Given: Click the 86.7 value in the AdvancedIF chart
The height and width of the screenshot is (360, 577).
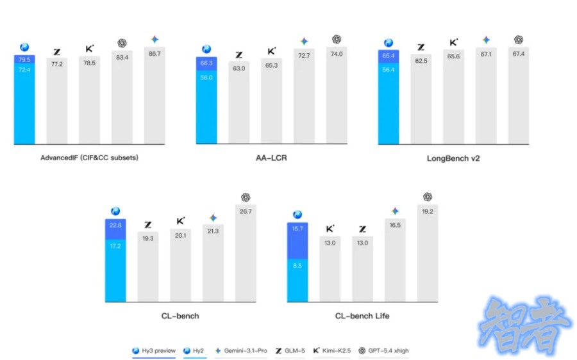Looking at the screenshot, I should tap(154, 54).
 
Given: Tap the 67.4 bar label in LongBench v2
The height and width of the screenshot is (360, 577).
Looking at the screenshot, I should tap(518, 54).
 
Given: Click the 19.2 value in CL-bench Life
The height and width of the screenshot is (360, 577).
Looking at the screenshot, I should tap(428, 211).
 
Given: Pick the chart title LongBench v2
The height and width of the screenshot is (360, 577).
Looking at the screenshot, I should tap(453, 158).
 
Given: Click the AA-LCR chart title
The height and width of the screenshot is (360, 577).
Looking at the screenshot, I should tap(271, 158).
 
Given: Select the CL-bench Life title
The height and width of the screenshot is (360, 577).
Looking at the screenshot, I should tap(362, 316).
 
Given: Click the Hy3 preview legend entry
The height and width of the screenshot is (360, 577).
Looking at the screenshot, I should tap(154, 350).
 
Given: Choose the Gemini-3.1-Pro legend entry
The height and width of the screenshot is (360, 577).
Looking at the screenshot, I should tap(240, 350).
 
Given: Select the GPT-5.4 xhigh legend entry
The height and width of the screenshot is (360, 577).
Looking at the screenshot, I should tap(385, 350).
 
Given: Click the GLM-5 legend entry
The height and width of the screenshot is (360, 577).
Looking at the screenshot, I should tap(288, 350).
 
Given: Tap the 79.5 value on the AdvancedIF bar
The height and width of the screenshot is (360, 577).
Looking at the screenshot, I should tap(24, 60).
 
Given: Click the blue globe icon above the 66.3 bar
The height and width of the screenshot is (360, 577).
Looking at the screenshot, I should tap(206, 49).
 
